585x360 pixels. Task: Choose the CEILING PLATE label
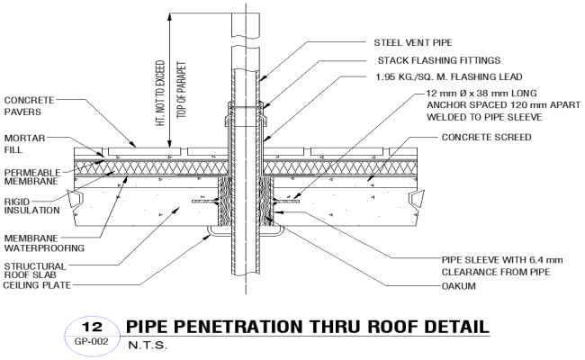pos(38,284)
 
